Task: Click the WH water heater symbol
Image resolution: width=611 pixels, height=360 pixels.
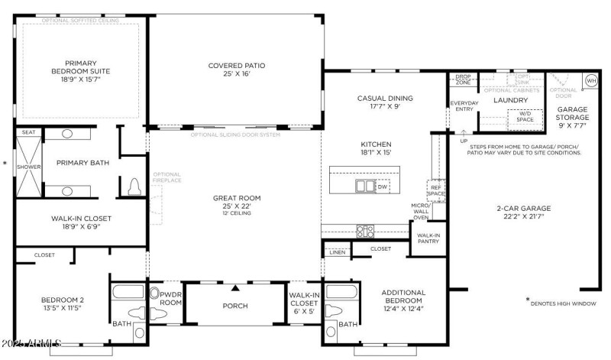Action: click(591, 80)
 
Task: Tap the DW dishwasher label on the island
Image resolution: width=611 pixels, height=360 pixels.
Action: click(382, 185)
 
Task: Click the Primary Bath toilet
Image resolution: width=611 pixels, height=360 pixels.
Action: click(134, 186)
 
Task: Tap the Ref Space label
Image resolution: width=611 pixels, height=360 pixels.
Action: click(435, 190)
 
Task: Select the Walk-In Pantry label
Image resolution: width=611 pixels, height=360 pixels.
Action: click(428, 239)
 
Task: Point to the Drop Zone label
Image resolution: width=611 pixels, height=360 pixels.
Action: click(463, 80)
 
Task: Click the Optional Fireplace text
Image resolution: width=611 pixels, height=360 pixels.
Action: click(166, 178)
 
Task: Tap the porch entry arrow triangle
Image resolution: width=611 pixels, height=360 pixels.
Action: click(236, 288)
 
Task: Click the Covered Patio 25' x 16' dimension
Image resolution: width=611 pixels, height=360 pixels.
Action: click(235, 75)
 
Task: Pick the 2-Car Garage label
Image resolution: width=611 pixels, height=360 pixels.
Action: click(523, 212)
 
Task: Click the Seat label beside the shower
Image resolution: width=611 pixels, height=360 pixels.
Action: click(28, 132)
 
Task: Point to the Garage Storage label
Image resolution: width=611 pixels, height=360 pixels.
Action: click(571, 114)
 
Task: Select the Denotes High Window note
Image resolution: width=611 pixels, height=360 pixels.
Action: click(565, 302)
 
